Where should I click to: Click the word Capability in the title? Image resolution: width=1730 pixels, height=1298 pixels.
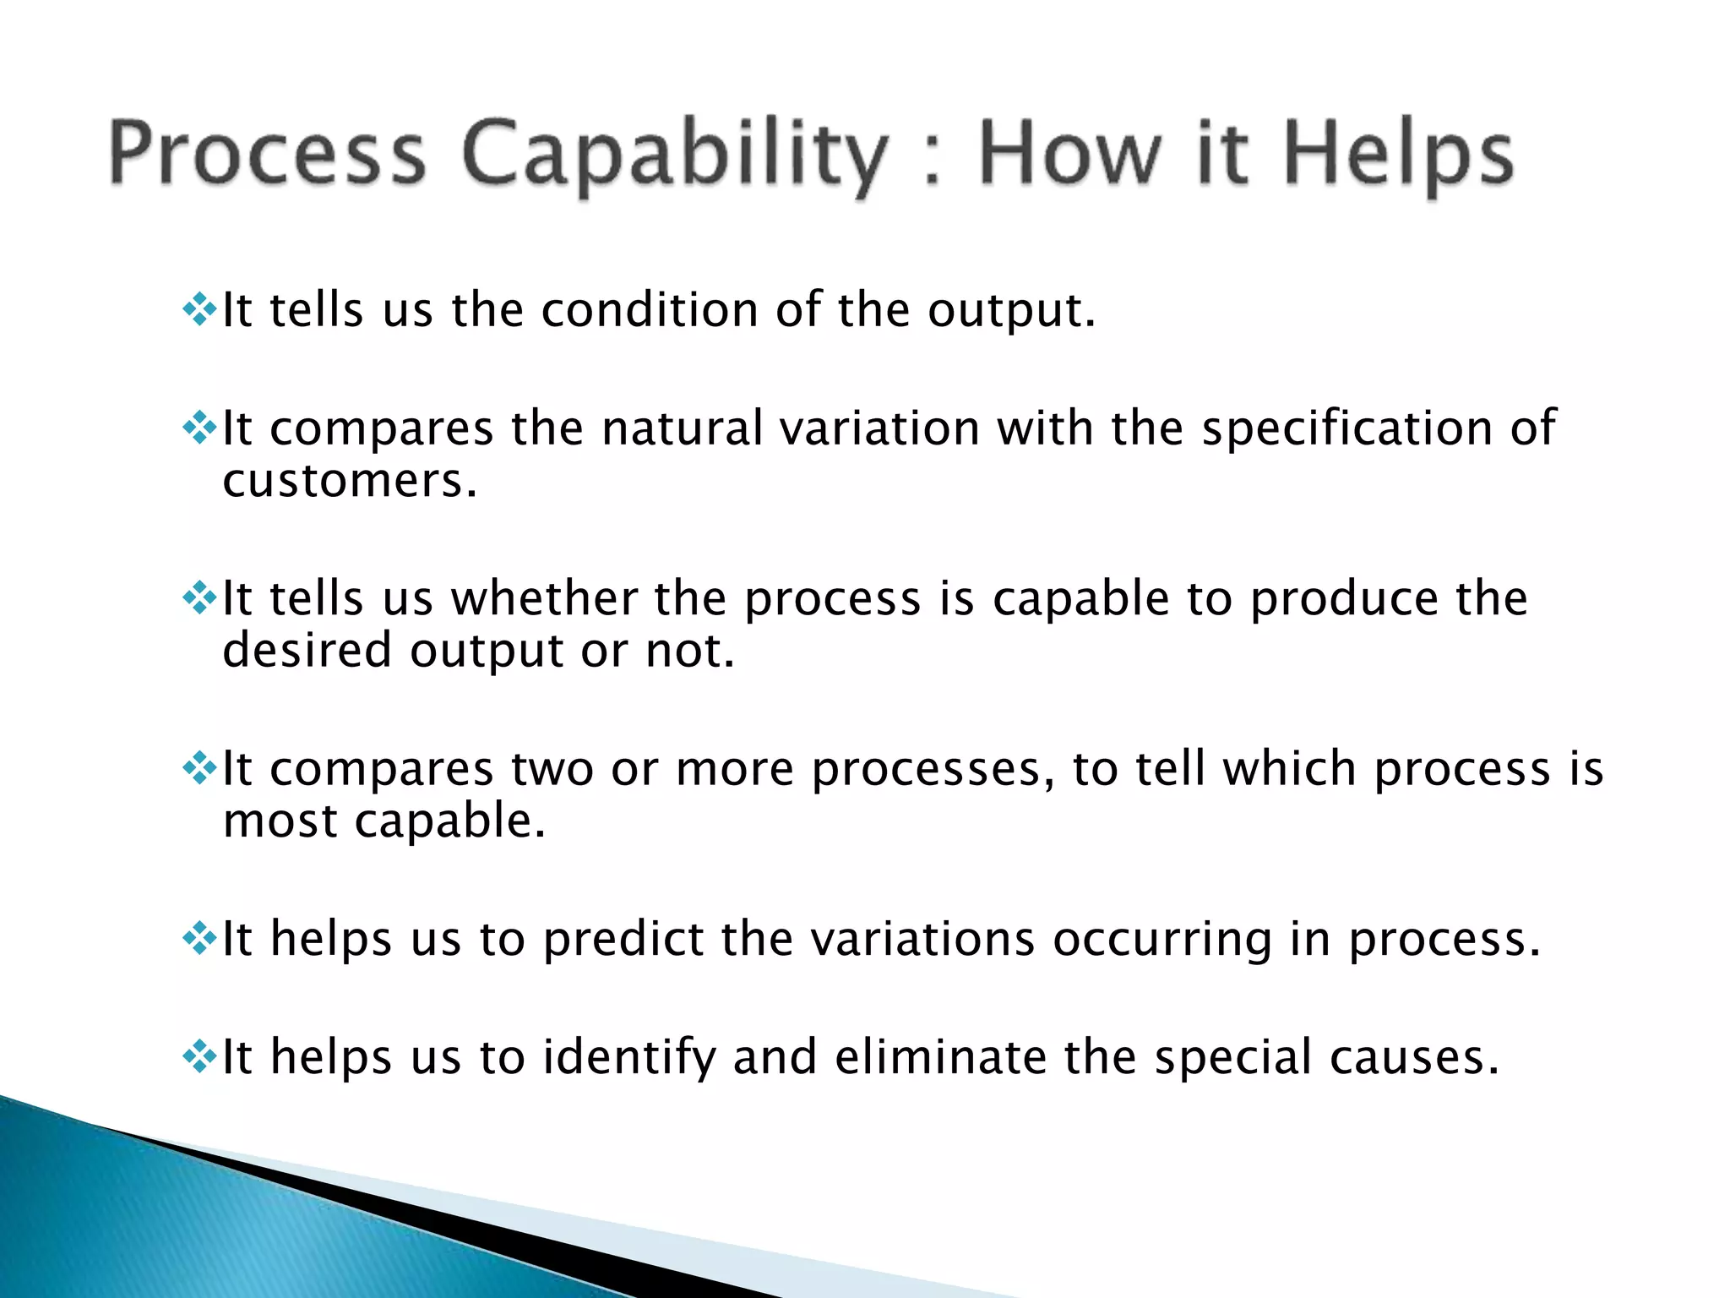674,156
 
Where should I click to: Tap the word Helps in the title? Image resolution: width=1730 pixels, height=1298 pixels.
1399,156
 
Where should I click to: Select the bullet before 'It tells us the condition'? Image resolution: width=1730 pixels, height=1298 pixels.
199,310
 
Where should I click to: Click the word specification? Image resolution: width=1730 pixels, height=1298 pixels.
1347,428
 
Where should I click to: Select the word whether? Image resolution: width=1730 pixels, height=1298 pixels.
544,599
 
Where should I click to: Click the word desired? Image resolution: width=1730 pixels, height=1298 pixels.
307,652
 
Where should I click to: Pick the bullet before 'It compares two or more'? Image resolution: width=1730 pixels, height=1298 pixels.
199,769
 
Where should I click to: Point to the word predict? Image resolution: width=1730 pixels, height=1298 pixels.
623,940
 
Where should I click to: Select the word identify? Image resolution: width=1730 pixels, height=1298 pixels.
628,1058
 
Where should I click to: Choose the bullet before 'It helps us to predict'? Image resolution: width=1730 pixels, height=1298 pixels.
199,939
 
